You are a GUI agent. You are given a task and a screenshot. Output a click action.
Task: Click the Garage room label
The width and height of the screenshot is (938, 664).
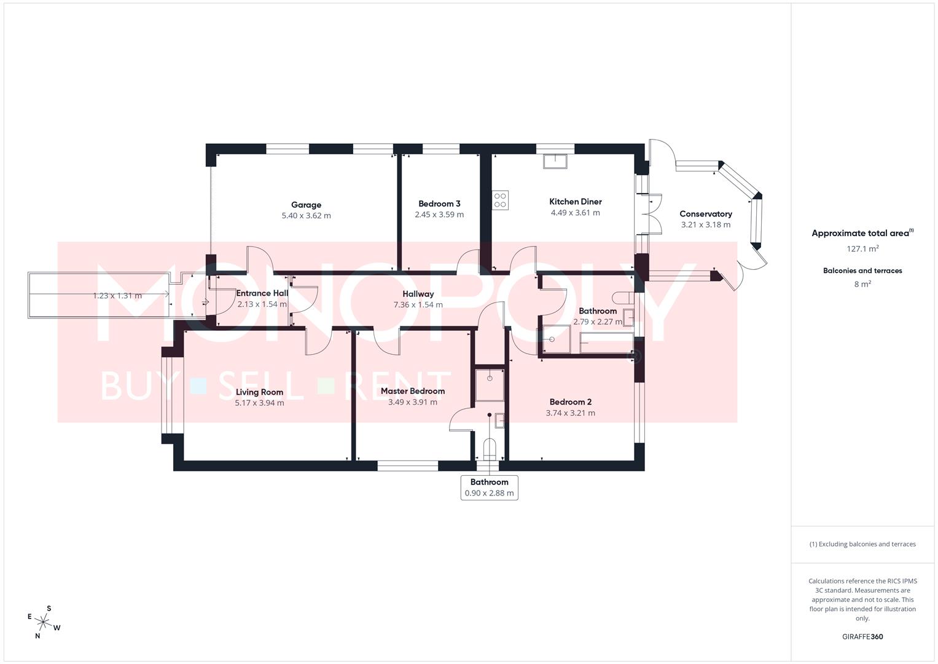306,205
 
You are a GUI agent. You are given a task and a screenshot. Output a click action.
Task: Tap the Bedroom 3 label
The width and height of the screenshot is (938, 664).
439,204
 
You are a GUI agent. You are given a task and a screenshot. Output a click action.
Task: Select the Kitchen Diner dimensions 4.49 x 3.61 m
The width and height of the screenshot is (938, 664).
575,213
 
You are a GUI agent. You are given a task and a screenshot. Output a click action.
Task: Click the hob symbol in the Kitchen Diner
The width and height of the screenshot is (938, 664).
500,200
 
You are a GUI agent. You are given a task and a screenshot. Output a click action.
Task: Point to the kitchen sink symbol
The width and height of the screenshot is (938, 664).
555,161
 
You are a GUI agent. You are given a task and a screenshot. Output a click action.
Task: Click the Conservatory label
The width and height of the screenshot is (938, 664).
705,214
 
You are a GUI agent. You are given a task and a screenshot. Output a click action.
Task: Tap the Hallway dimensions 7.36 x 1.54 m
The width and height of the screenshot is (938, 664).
418,304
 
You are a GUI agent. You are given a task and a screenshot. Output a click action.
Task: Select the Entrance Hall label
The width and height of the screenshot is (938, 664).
262,293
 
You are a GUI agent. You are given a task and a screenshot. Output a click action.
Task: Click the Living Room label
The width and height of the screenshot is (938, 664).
259,392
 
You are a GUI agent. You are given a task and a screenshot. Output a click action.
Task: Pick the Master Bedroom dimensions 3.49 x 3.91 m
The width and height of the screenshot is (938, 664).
412,402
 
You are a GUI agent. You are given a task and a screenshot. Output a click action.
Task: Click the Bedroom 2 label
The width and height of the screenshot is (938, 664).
570,401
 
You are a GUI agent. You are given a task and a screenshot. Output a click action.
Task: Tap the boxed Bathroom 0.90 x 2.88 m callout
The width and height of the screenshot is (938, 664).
489,488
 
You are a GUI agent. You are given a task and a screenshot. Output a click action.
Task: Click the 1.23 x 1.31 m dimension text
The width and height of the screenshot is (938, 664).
117,296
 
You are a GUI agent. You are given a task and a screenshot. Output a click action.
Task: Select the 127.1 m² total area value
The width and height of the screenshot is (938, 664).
862,249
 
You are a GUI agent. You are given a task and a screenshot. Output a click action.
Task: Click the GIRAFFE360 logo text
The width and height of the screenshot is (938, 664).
862,636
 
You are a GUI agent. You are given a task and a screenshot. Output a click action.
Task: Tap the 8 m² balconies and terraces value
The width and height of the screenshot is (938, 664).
862,284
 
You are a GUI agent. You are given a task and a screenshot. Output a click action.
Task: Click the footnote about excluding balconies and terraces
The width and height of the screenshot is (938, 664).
862,544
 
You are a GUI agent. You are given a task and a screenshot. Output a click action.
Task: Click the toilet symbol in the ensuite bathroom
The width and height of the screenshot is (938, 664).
490,449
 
